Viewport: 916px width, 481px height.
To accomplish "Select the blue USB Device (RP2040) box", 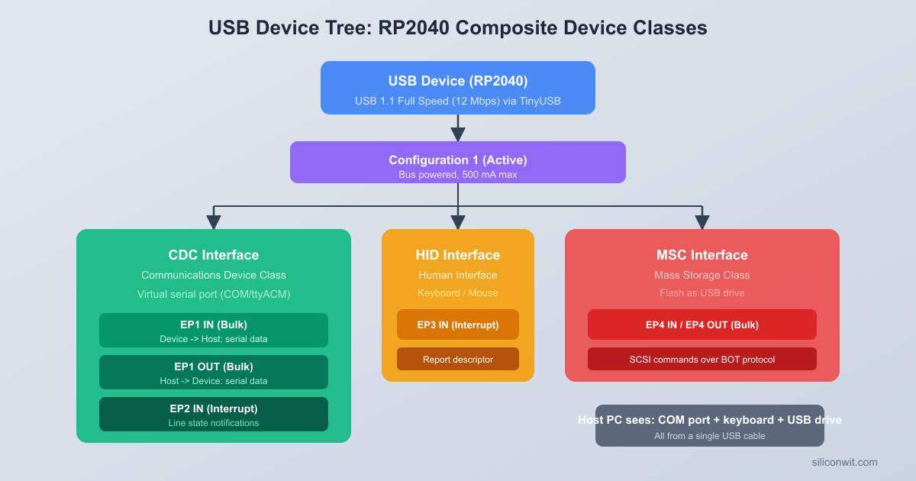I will point(457,88).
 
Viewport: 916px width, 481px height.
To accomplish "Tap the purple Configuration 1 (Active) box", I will point(457,162).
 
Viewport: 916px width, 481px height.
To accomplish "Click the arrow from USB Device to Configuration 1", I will point(458,128).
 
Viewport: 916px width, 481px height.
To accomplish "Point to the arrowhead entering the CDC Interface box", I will point(214,221).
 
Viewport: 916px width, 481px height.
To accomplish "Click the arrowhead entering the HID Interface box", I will point(458,221).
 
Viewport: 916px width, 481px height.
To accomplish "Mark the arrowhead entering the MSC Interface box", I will point(702,221).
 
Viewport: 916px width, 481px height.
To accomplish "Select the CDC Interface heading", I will point(214,255).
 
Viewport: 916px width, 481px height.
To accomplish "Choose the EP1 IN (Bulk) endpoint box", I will point(214,330).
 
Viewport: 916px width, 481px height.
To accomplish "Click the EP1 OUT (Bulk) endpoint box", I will point(214,372).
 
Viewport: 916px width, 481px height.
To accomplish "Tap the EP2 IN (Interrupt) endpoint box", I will point(214,414).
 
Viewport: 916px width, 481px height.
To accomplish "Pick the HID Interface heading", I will point(458,255).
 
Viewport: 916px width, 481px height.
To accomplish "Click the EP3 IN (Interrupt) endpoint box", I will point(458,324).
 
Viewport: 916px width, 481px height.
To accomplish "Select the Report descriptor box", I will point(458,359).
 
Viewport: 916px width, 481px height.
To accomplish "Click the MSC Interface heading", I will point(702,255).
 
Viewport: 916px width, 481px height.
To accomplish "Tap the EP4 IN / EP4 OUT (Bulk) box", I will point(702,324).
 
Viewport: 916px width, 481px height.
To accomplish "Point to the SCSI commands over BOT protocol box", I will point(702,359).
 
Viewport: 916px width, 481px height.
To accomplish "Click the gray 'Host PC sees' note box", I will point(710,425).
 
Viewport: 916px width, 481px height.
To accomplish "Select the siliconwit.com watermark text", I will point(844,462).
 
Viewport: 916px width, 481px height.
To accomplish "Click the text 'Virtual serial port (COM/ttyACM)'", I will point(214,294).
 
